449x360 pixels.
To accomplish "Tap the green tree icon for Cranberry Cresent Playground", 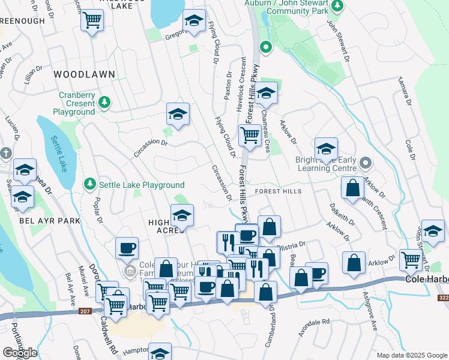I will (x=105, y=103).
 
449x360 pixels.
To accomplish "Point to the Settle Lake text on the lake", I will (x=59, y=153).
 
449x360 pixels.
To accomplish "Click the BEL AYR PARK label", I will (x=41, y=221).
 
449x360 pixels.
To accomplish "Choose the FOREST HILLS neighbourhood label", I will (x=278, y=191).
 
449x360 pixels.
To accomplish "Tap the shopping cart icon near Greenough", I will (x=92, y=21).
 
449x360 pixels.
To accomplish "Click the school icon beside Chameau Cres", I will (x=266, y=93).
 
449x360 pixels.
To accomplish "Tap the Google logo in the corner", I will (x=20, y=352).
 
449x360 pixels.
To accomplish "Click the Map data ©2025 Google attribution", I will (x=411, y=355).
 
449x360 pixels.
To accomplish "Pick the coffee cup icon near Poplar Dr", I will (x=127, y=248).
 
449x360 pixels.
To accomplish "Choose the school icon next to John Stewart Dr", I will (x=433, y=230).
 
